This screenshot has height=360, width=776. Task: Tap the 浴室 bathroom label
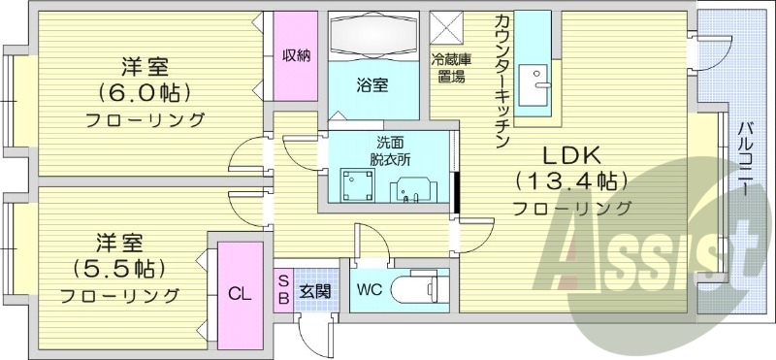point(373,84)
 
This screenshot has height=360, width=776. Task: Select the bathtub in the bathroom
point(373,36)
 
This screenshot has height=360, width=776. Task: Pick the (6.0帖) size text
point(145,94)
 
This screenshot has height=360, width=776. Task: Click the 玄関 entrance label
point(314,290)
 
